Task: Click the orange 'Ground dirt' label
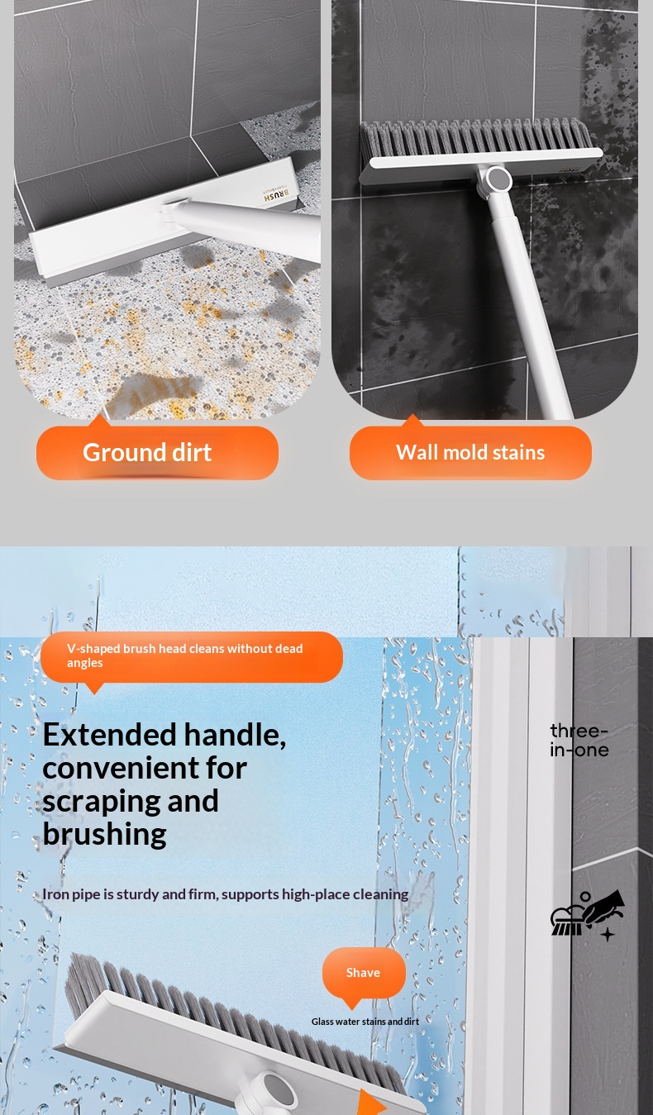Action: [157, 452]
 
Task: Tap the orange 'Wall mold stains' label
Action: [470, 452]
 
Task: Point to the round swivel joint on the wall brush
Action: [498, 179]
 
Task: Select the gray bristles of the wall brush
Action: [475, 137]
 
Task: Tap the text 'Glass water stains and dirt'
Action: [365, 1022]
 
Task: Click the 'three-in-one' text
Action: [579, 741]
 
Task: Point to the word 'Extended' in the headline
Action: [109, 735]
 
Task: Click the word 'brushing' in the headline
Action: [104, 834]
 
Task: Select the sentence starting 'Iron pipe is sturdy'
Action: [226, 894]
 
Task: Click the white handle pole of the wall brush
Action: [527, 298]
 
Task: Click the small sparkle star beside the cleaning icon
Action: [608, 934]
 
